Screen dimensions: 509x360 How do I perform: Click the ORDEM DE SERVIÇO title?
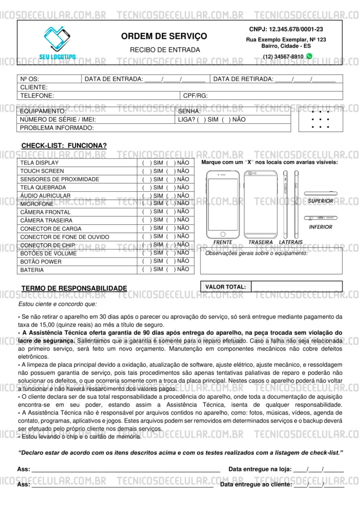click(x=164, y=36)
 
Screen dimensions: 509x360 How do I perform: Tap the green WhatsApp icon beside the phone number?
click(x=309, y=56)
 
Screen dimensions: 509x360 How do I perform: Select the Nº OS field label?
click(x=29, y=79)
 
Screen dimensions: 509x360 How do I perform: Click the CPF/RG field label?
click(x=195, y=95)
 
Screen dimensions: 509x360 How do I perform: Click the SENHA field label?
click(x=189, y=111)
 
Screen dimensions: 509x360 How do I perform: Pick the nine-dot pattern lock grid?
click(x=320, y=119)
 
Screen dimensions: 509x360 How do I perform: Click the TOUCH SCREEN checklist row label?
click(x=42, y=171)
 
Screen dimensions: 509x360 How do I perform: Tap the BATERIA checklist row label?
click(x=32, y=270)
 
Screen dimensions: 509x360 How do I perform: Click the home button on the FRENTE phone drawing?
click(x=223, y=234)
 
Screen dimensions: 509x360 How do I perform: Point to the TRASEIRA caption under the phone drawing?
click(x=261, y=242)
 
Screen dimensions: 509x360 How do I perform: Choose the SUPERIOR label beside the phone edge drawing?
click(x=320, y=201)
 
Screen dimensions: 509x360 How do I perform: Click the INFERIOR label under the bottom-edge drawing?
click(x=320, y=227)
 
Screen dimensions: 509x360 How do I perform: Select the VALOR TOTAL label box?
click(x=226, y=287)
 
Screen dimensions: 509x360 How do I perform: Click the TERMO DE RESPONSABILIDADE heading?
click(x=74, y=288)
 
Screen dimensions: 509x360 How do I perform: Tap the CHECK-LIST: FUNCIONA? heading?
click(x=64, y=146)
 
